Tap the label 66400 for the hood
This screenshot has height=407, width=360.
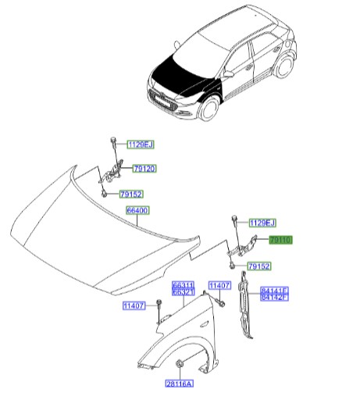[137, 211]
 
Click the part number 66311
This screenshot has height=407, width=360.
[184, 286]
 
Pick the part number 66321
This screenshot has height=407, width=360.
[184, 293]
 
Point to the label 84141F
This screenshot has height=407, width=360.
[274, 290]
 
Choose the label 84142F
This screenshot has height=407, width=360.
[274, 297]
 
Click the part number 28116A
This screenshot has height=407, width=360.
[179, 384]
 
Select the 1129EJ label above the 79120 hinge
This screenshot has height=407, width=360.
[141, 144]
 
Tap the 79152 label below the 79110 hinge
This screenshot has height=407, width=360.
[258, 267]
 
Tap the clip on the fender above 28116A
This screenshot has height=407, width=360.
[180, 362]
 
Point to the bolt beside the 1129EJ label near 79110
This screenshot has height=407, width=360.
[233, 223]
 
